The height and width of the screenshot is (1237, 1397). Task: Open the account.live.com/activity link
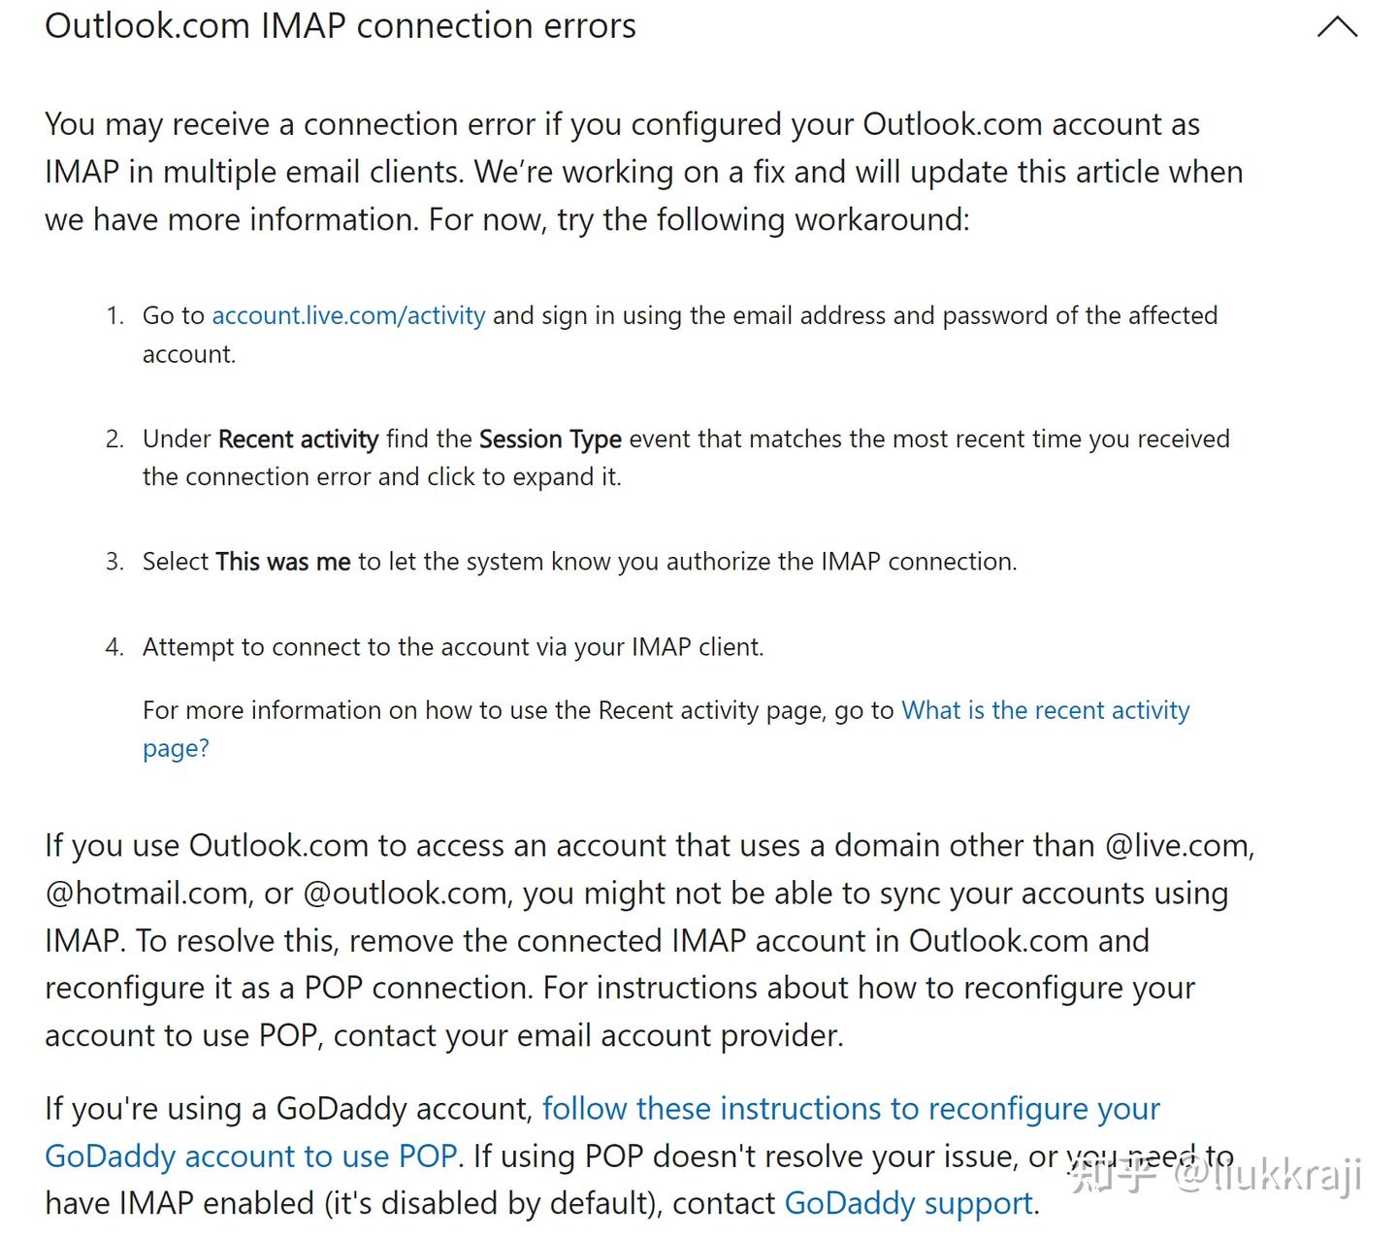tap(348, 315)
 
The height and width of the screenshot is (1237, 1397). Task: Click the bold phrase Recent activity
tap(298, 439)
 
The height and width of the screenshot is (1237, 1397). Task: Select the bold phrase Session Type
tap(550, 439)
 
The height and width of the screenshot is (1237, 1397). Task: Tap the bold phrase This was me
tap(282, 562)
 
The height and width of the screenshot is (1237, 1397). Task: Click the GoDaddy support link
tap(908, 1204)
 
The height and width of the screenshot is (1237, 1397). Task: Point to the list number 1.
tap(114, 316)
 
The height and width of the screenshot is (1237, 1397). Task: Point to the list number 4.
tap(114, 647)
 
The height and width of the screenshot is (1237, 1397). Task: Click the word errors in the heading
tap(590, 26)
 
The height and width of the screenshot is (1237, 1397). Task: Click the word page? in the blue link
tap(176, 749)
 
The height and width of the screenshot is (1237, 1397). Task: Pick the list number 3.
tap(114, 562)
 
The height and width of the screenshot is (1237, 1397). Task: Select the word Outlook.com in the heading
tap(147, 26)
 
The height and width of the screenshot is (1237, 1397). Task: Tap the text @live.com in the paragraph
tap(1179, 846)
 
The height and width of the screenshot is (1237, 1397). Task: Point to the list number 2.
tap(114, 439)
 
